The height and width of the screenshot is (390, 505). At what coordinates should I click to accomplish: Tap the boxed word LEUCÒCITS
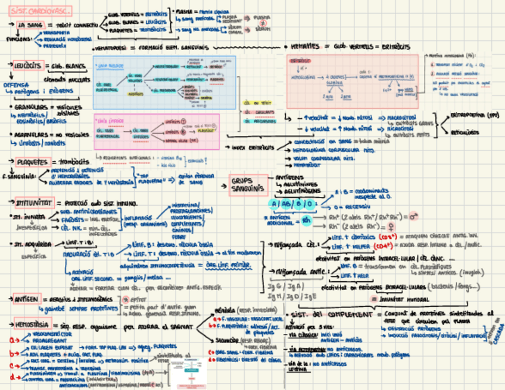click(29, 65)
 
